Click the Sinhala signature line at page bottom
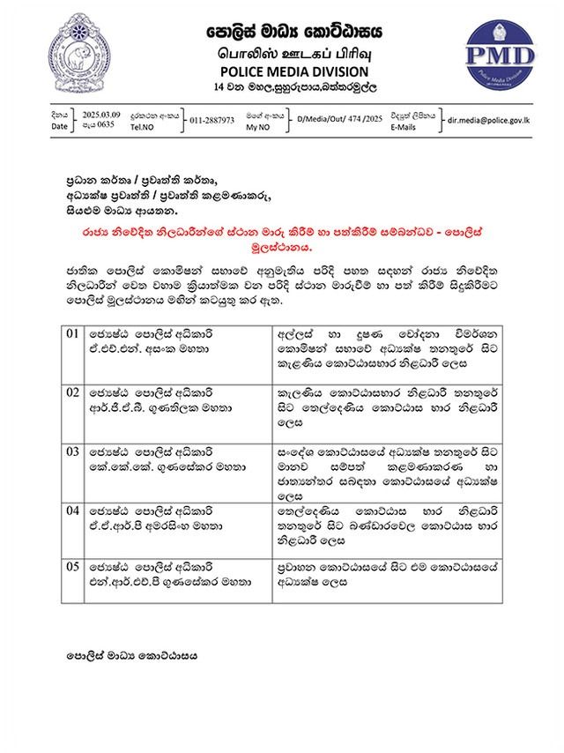coord(132,656)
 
